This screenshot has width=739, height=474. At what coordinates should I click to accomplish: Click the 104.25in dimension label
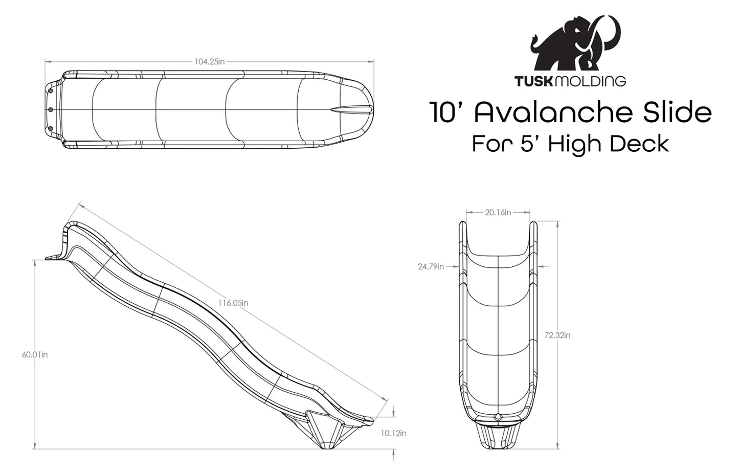209,61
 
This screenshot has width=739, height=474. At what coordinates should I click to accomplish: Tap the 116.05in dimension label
233,303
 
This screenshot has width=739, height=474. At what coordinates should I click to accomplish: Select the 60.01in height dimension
35,354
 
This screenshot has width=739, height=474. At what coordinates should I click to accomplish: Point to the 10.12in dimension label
393,433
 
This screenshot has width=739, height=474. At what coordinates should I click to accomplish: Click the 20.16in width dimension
498,212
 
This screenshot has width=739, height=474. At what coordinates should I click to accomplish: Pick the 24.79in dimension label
431,266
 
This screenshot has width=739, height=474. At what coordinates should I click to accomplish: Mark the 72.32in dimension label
557,335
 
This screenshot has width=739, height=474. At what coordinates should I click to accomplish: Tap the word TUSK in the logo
533,81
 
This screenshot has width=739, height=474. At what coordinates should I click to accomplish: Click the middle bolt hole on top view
51,109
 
